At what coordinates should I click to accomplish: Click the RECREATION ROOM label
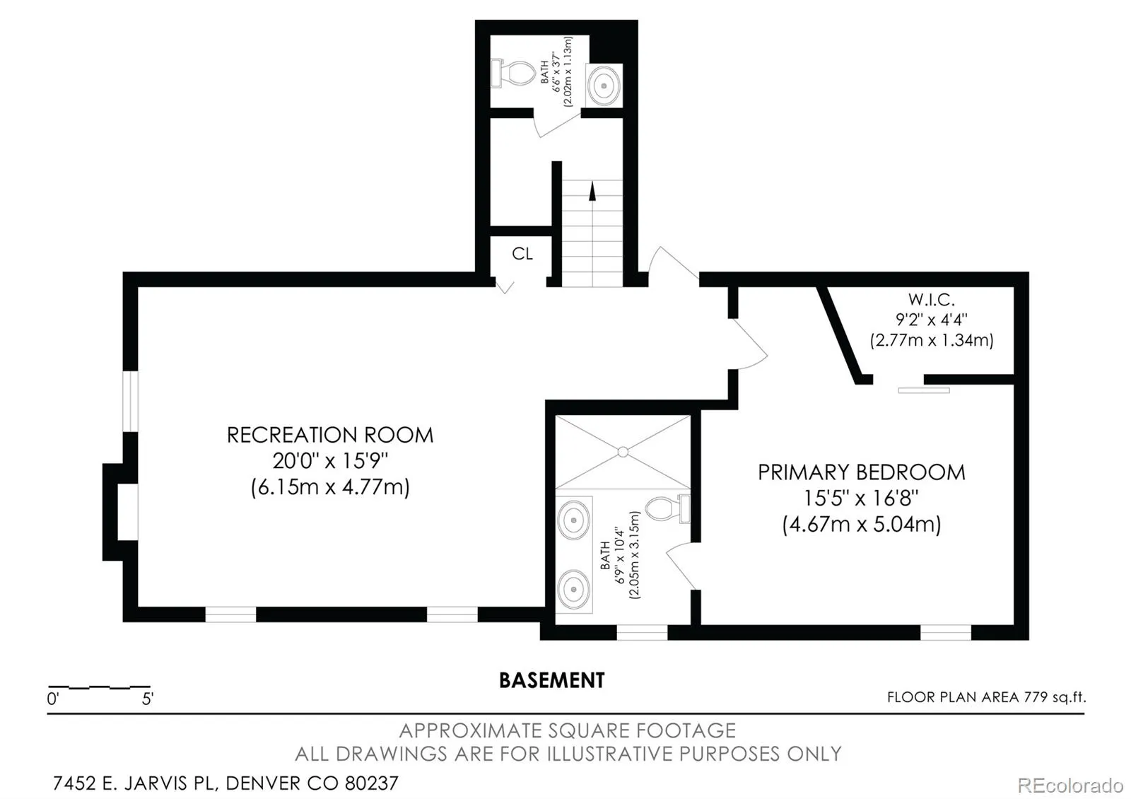tap(330, 435)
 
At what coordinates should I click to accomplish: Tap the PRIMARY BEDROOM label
tap(862, 472)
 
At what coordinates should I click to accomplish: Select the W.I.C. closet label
tap(932, 300)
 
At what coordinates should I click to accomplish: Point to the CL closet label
tap(522, 254)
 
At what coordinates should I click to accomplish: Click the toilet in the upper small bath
tap(513, 74)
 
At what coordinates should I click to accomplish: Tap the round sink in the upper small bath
tap(604, 86)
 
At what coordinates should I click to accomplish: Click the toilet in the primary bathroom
tap(668, 509)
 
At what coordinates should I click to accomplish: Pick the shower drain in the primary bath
tap(623, 452)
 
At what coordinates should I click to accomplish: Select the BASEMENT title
tap(552, 680)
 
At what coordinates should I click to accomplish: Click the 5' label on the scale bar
tap(148, 699)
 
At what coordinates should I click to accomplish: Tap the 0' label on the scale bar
tap(53, 699)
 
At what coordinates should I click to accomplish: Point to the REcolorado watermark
tap(1070, 786)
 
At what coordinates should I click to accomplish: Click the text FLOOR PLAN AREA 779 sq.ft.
tap(987, 697)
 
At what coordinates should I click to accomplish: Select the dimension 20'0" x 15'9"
tap(330, 460)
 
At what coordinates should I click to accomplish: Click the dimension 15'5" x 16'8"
tap(861, 498)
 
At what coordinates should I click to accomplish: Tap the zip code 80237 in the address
tap(372, 783)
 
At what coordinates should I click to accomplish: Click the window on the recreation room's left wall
tap(130, 402)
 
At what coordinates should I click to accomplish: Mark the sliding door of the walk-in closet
tap(923, 390)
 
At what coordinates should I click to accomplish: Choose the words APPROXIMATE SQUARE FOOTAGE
tap(568, 730)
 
